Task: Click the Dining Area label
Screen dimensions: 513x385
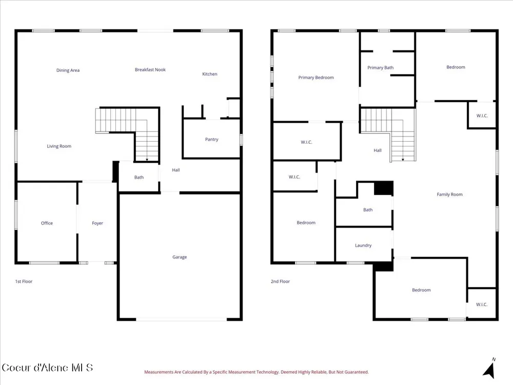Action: pyautogui.click(x=68, y=70)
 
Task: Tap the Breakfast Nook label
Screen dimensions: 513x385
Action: pyautogui.click(x=150, y=69)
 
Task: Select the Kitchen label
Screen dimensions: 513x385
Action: pyautogui.click(x=210, y=74)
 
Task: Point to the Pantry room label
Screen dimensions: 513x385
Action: pyautogui.click(x=212, y=139)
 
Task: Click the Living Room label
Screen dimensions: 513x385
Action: pyautogui.click(x=59, y=146)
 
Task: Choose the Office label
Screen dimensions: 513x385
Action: pyautogui.click(x=47, y=223)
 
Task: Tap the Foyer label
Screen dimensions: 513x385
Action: pyautogui.click(x=97, y=223)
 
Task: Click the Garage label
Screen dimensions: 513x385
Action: pyautogui.click(x=180, y=257)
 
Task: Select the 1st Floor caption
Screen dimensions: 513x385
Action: pyautogui.click(x=24, y=281)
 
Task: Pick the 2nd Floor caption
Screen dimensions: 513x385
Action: pyautogui.click(x=281, y=281)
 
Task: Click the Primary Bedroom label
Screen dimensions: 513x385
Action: pyautogui.click(x=316, y=78)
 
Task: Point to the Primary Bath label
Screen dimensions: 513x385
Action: pyautogui.click(x=381, y=67)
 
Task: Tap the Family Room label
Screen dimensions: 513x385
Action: pyautogui.click(x=449, y=194)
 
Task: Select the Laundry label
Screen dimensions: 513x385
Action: pyautogui.click(x=363, y=245)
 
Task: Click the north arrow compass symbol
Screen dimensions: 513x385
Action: pyautogui.click(x=489, y=369)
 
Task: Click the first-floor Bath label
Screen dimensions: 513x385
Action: pyautogui.click(x=139, y=177)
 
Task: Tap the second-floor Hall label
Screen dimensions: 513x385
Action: pyautogui.click(x=378, y=150)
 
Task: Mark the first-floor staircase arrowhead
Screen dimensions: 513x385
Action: pyautogui.click(x=147, y=160)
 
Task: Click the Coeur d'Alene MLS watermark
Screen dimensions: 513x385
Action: pyautogui.click(x=47, y=368)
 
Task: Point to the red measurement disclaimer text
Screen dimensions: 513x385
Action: pyautogui.click(x=256, y=372)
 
